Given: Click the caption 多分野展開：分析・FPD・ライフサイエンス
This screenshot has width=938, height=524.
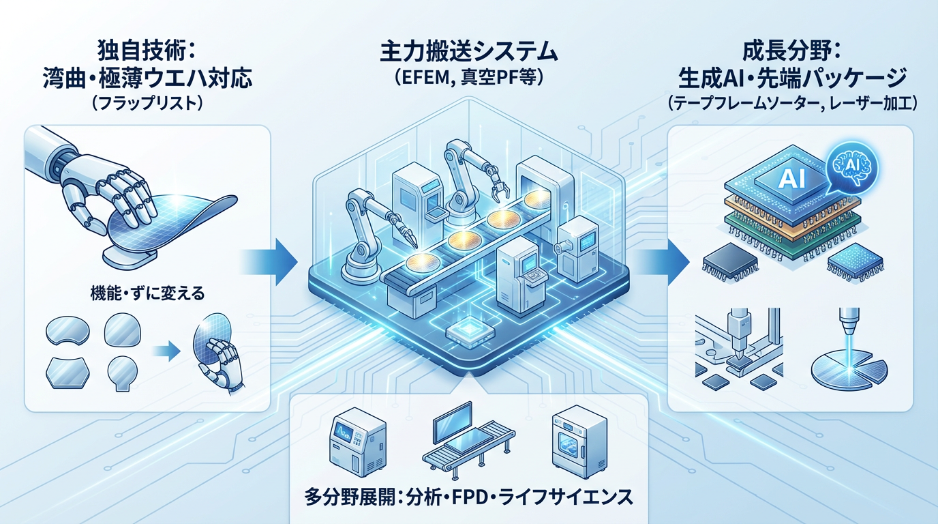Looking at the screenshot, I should coord(470,497).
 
